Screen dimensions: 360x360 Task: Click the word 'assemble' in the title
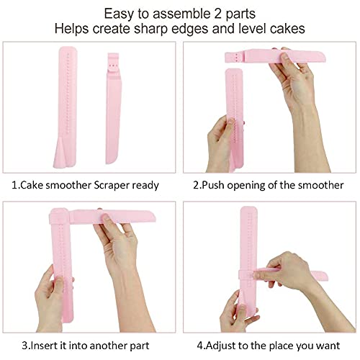(x=181, y=14)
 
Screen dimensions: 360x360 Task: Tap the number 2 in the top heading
(x=218, y=14)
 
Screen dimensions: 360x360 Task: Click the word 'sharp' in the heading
(x=150, y=30)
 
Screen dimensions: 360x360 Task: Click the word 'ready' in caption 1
(x=145, y=186)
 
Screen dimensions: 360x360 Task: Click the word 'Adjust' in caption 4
(x=220, y=346)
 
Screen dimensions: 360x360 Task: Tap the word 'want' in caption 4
(x=328, y=346)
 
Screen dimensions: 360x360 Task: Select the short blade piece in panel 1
(x=114, y=108)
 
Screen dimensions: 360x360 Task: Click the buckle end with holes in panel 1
(x=113, y=63)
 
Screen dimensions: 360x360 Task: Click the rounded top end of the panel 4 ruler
(x=249, y=211)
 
